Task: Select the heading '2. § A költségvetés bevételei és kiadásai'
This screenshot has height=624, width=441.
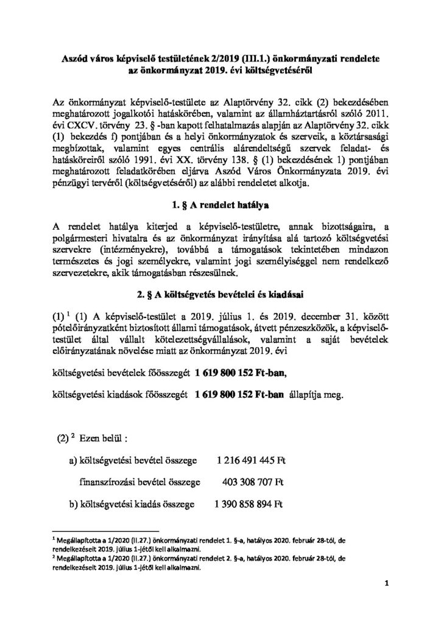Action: tap(220, 297)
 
